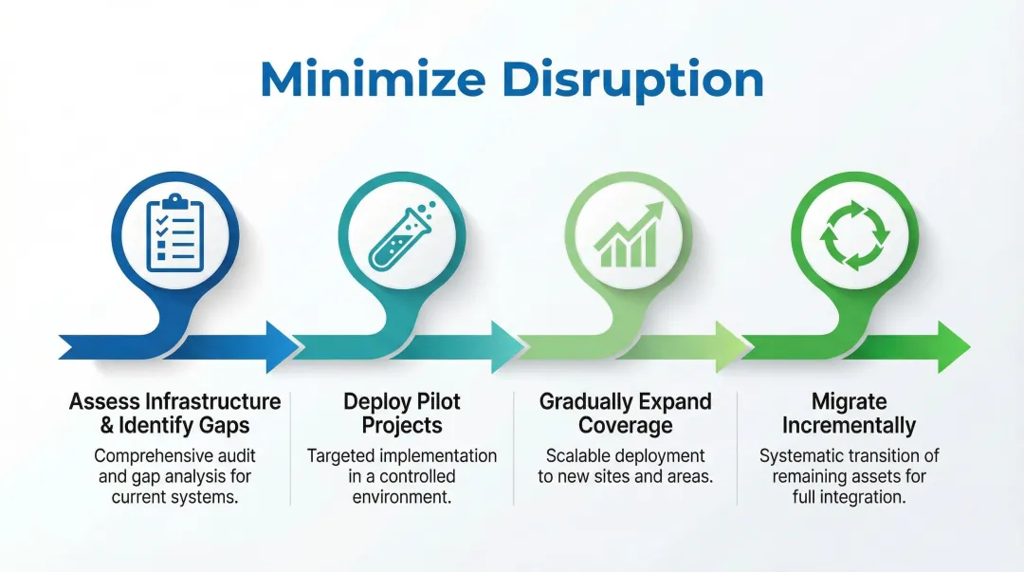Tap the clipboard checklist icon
(174, 232)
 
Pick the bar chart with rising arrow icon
(625, 234)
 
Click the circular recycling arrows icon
(854, 232)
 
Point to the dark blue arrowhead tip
(282, 346)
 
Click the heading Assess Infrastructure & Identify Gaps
(175, 413)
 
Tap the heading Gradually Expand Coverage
(625, 413)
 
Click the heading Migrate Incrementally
(849, 413)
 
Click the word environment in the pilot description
(401, 497)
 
